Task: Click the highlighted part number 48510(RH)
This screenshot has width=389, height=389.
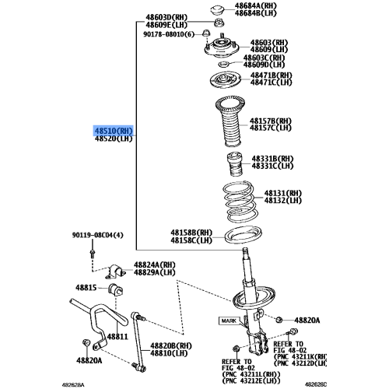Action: pyautogui.click(x=114, y=131)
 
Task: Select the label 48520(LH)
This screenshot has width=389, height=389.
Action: pyautogui.click(x=114, y=139)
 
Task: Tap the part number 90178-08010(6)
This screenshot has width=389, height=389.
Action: pyautogui.click(x=170, y=34)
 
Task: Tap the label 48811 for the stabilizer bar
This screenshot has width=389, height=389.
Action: pyautogui.click(x=117, y=336)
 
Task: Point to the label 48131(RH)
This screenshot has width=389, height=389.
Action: pyautogui.click(x=282, y=192)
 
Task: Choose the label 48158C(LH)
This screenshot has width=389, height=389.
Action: pyautogui.click(x=191, y=240)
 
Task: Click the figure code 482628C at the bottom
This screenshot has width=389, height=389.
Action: pyautogui.click(x=359, y=383)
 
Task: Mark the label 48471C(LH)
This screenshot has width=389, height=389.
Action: pyautogui.click(x=272, y=82)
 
